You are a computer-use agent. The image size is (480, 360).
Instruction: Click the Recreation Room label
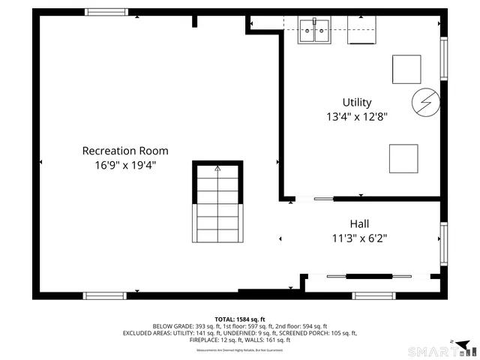(x=124, y=151)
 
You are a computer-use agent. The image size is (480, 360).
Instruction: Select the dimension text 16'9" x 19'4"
(x=124, y=165)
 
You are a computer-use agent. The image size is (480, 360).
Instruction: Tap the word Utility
(x=356, y=102)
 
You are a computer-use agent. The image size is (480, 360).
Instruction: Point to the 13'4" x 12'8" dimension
(x=356, y=116)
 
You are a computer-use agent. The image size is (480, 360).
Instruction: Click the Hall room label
(x=359, y=223)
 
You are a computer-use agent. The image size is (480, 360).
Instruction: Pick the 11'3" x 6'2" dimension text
(x=359, y=238)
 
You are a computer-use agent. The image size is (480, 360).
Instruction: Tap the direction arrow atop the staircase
(x=217, y=169)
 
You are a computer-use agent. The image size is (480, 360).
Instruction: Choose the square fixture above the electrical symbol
(x=406, y=69)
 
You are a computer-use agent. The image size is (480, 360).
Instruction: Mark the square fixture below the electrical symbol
(x=403, y=158)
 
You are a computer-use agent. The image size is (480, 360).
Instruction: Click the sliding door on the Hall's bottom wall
(x=360, y=277)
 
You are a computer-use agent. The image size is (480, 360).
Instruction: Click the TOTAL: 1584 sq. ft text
(x=240, y=319)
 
